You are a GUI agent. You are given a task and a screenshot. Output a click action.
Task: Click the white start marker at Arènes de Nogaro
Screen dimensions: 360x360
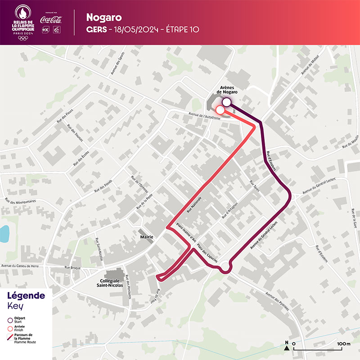pos(227,103)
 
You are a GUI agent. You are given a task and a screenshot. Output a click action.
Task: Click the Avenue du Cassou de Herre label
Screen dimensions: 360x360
pos(22,266)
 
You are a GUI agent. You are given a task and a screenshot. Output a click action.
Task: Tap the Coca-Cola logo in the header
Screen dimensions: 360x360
pos(50,20)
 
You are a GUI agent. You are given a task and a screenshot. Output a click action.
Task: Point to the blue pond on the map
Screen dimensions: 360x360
pos(4,233)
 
